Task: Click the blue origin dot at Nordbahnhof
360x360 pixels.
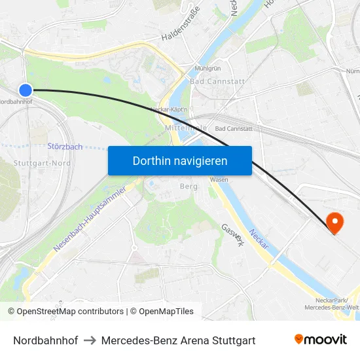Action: [x=25, y=90]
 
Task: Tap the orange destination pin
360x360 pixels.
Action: [x=334, y=223]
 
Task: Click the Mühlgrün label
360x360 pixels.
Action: [x=207, y=69]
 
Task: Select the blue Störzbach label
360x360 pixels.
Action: [x=65, y=147]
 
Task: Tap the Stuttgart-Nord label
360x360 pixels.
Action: [x=42, y=163]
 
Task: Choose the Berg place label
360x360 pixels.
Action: [x=189, y=187]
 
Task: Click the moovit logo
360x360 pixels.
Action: [x=320, y=340]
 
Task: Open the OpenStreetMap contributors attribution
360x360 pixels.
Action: [x=65, y=312]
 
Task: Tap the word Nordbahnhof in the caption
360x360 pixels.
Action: [x=46, y=340]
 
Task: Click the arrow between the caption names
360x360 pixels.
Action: [x=90, y=340]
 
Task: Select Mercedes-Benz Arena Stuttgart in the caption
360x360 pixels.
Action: [x=178, y=340]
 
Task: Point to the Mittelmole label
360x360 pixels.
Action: [x=186, y=128]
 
